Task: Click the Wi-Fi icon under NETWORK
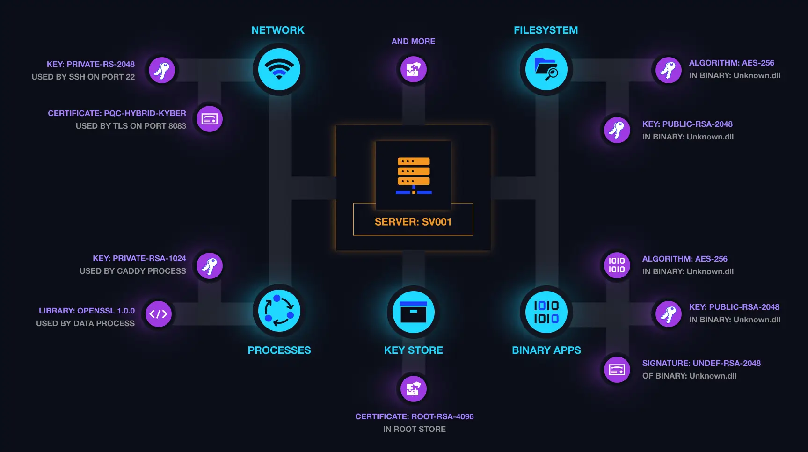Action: [279, 70]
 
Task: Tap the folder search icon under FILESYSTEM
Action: [546, 70]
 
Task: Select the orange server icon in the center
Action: [414, 175]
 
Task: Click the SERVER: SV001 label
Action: [413, 222]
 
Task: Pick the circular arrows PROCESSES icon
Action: [279, 311]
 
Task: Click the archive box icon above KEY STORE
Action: [414, 312]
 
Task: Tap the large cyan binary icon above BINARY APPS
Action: [546, 312]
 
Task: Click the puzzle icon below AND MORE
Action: [414, 69]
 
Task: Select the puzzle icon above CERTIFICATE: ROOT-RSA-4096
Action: [414, 388]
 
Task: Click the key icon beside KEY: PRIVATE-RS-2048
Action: [162, 70]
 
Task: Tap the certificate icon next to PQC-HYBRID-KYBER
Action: [209, 119]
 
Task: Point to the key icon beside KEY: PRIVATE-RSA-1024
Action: [209, 266]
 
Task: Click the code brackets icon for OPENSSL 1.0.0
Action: [159, 314]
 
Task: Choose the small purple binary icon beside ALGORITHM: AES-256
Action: [617, 265]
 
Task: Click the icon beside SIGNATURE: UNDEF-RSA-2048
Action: [617, 370]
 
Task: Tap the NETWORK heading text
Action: [278, 30]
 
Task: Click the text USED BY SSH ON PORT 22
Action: [83, 77]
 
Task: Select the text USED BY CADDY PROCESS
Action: [133, 271]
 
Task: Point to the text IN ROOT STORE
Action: [414, 429]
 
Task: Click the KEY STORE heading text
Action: [414, 350]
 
